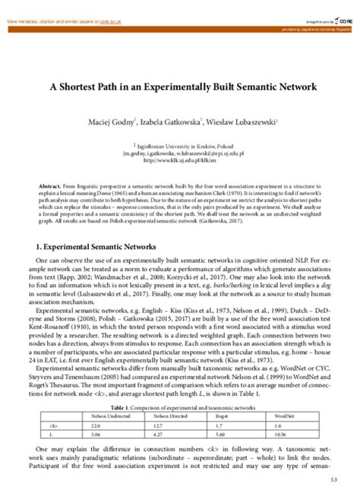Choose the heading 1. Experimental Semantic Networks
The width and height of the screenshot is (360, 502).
point(97,226)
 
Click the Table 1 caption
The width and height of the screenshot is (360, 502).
point(179,408)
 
